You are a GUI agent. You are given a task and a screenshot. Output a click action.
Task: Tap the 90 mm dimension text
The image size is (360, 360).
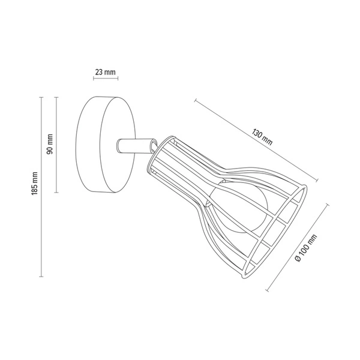click(50, 144)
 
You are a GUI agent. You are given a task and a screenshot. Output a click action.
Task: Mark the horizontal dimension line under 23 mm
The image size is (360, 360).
click(106, 79)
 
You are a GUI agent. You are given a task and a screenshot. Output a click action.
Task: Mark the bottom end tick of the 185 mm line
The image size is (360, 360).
click(41, 277)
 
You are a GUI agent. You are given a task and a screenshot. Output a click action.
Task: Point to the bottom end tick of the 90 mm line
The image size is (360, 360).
click(56, 193)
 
